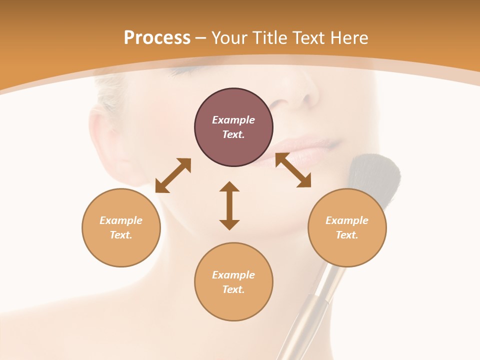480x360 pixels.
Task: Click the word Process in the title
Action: click(x=157, y=37)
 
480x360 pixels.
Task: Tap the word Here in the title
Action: click(x=348, y=37)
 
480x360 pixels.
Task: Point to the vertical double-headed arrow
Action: click(x=229, y=205)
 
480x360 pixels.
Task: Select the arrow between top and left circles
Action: click(x=173, y=175)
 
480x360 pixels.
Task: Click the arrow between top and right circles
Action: click(x=293, y=170)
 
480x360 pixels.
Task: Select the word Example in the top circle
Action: click(x=233, y=120)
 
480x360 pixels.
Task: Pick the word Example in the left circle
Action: click(x=121, y=220)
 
